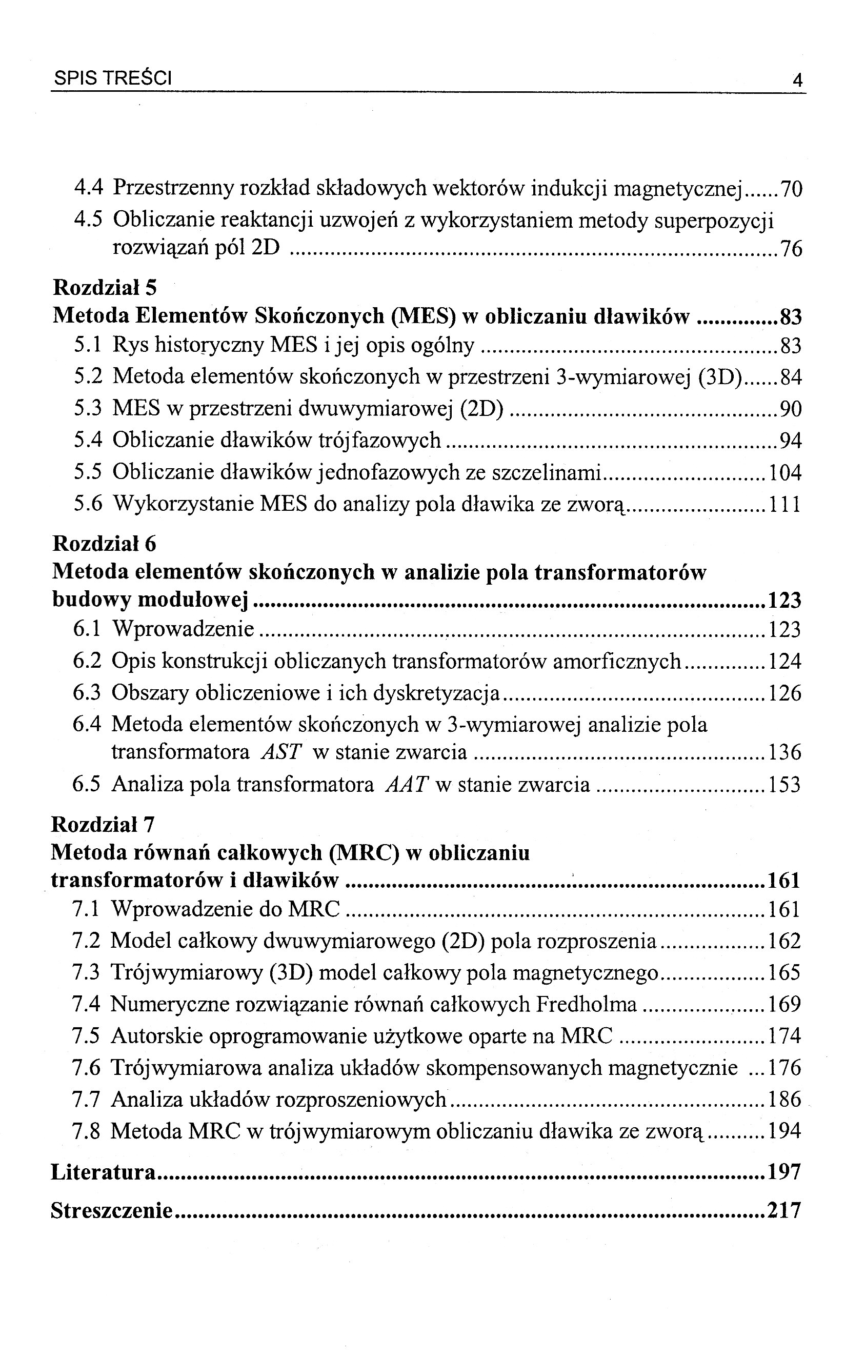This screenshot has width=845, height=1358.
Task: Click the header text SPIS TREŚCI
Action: (x=112, y=79)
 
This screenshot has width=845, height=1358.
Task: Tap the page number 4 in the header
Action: (x=796, y=81)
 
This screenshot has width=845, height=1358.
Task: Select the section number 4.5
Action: (x=88, y=220)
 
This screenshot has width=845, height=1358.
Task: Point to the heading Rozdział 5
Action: (x=105, y=287)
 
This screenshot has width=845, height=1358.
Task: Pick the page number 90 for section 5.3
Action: (x=790, y=409)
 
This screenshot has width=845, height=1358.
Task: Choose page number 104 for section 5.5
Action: (x=784, y=473)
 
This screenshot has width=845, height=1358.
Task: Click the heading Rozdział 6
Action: (x=105, y=543)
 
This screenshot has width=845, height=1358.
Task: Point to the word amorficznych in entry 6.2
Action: (x=617, y=661)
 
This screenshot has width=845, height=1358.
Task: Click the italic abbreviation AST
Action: (x=281, y=752)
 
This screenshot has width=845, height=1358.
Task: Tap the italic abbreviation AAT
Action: (x=407, y=785)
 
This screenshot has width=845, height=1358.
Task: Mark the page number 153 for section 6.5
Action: (x=784, y=785)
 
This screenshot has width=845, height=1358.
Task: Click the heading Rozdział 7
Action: (x=103, y=824)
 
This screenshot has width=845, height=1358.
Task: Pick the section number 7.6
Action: (x=86, y=1068)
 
